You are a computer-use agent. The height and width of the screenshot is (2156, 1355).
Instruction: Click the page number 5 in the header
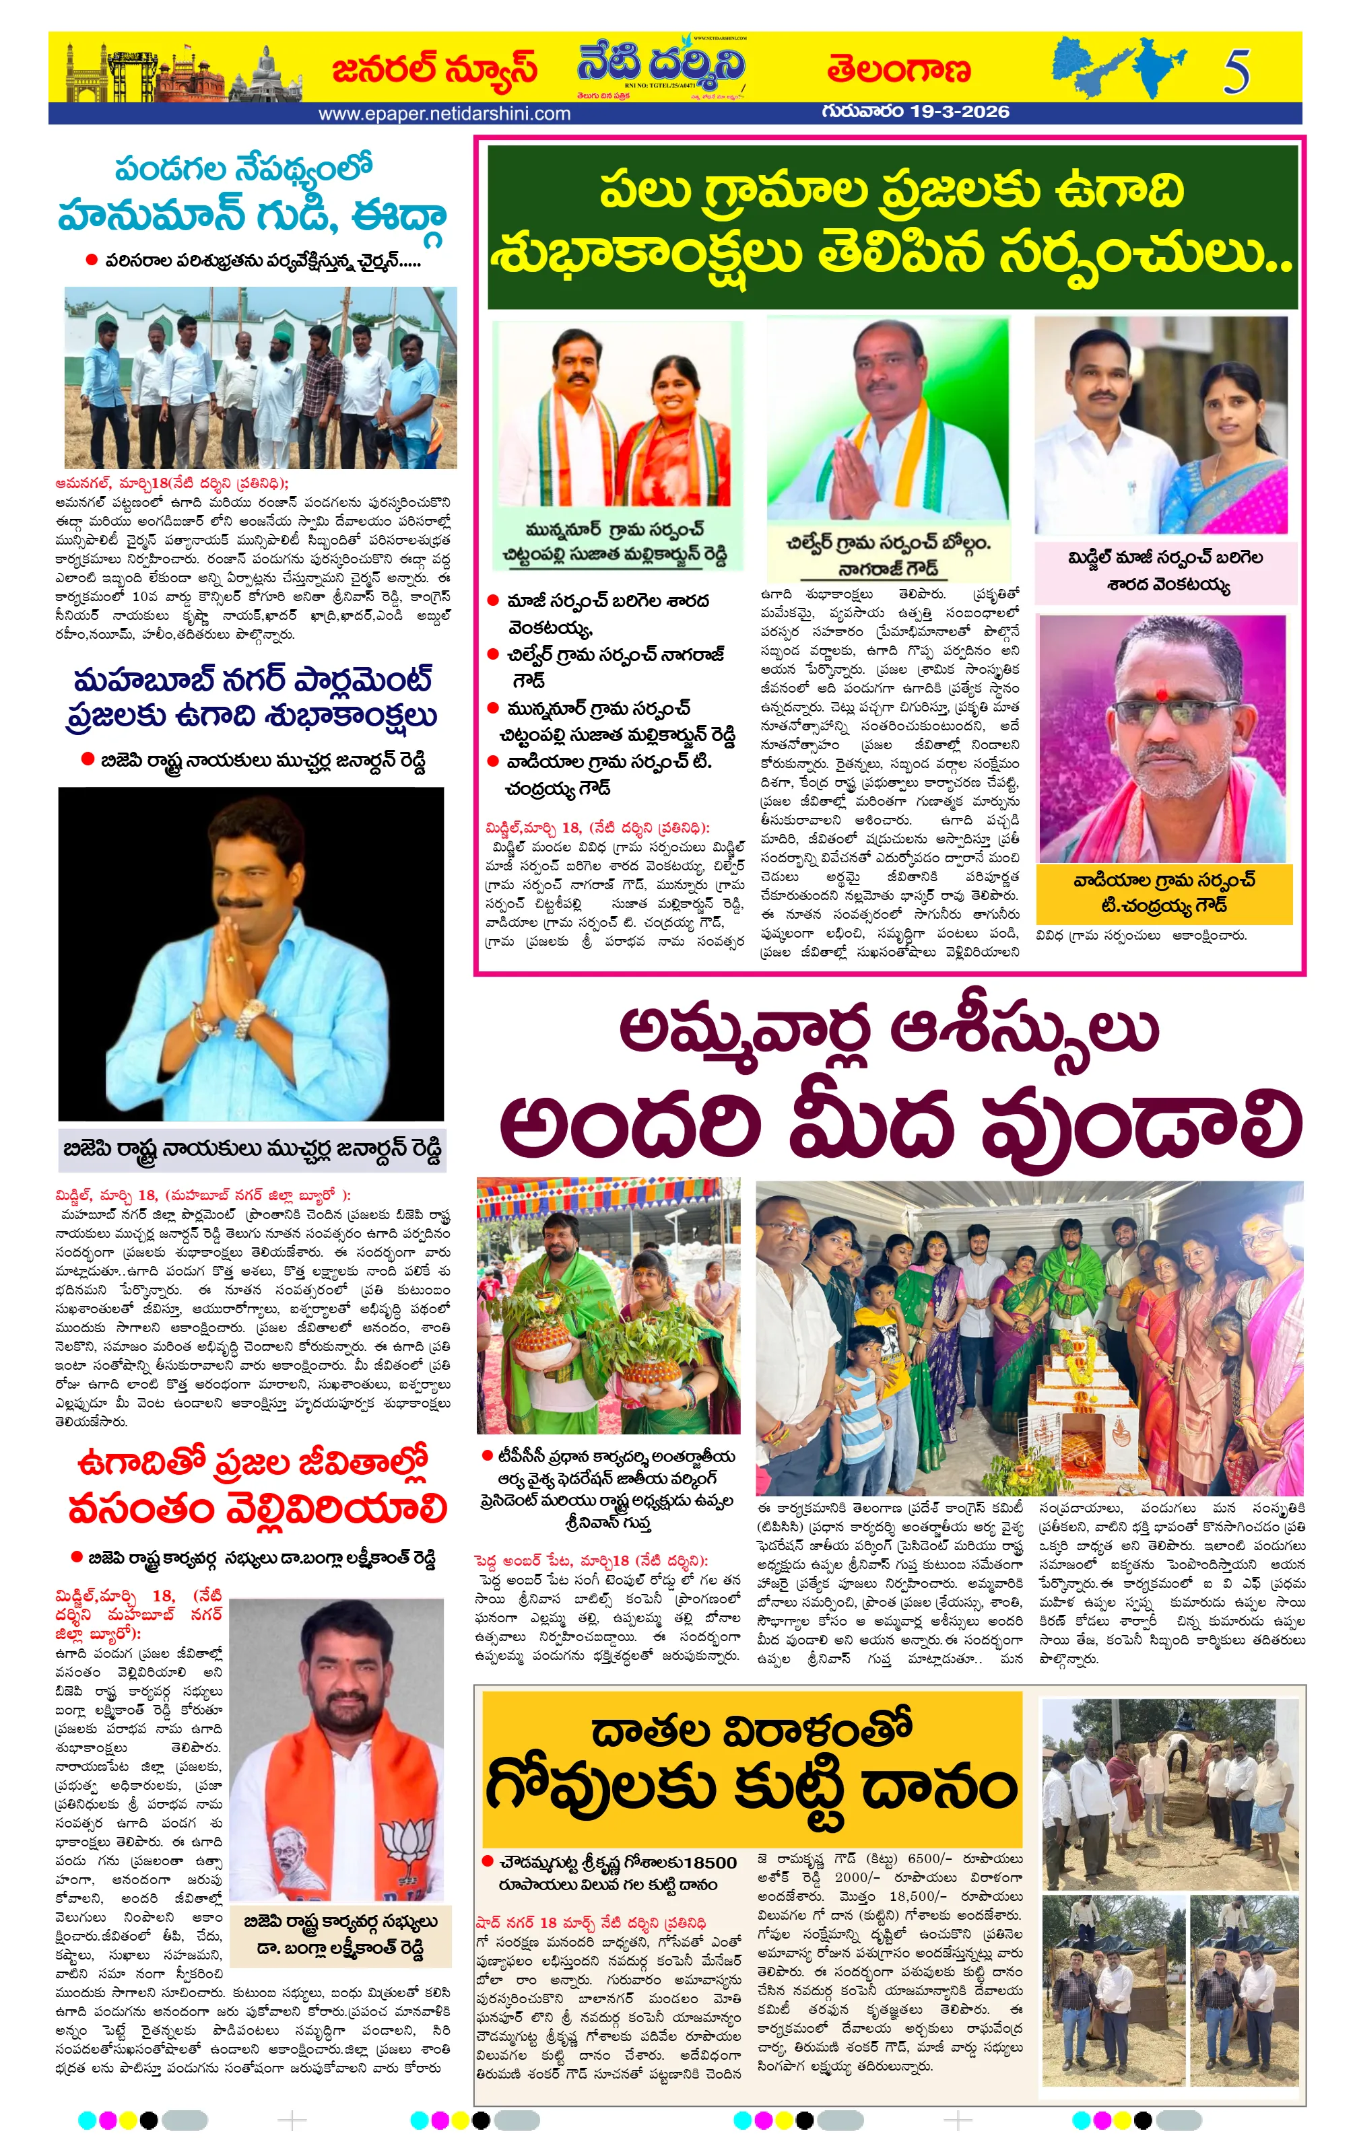tap(1236, 71)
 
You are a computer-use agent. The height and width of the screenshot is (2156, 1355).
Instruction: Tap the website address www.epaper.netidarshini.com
tap(444, 114)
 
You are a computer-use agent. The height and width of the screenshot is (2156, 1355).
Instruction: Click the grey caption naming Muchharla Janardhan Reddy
tap(252, 1149)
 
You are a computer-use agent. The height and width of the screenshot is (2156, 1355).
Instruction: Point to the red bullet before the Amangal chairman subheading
tap(90, 260)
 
